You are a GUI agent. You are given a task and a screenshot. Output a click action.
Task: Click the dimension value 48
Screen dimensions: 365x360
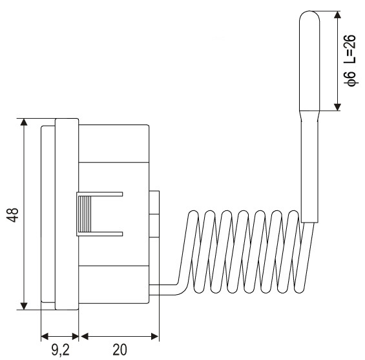[x=12, y=215]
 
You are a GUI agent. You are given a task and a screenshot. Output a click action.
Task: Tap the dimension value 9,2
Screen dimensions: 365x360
[x=61, y=350]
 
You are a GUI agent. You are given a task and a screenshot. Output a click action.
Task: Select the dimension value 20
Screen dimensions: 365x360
[x=120, y=350]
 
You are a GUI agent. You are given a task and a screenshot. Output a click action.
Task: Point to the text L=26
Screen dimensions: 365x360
[x=350, y=49]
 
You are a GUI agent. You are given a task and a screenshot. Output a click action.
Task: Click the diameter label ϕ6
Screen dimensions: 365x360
[x=351, y=79]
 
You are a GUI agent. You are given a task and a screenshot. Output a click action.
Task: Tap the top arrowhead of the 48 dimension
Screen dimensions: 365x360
[x=24, y=122]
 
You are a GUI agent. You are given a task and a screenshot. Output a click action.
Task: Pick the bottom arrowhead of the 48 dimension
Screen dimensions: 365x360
[x=24, y=306]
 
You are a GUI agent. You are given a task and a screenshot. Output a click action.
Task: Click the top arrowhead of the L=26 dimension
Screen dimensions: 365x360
[x=337, y=14]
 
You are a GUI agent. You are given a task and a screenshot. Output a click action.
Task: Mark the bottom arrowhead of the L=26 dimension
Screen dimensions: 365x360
[x=337, y=107]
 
